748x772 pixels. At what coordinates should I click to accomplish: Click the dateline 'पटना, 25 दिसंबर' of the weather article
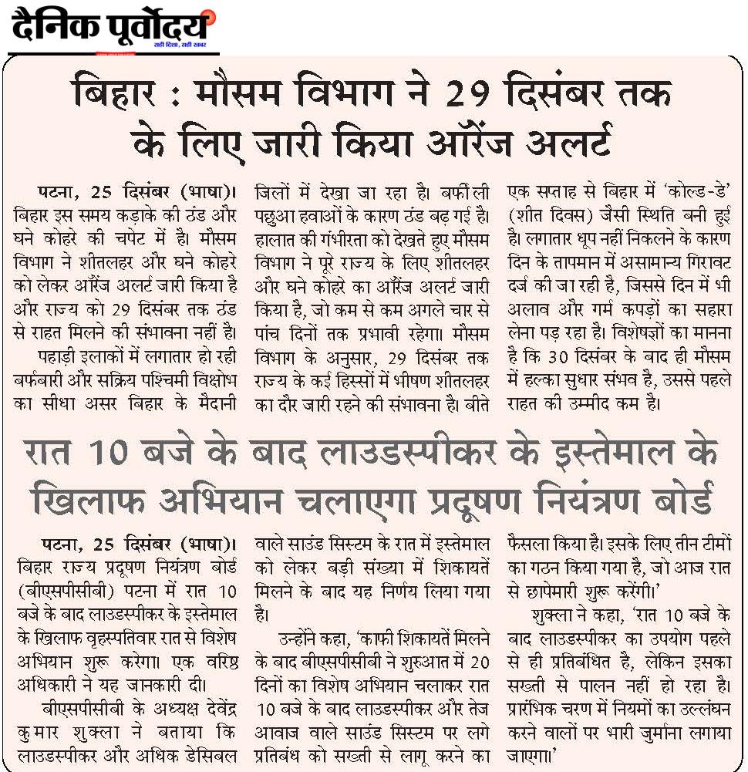coord(98,191)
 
